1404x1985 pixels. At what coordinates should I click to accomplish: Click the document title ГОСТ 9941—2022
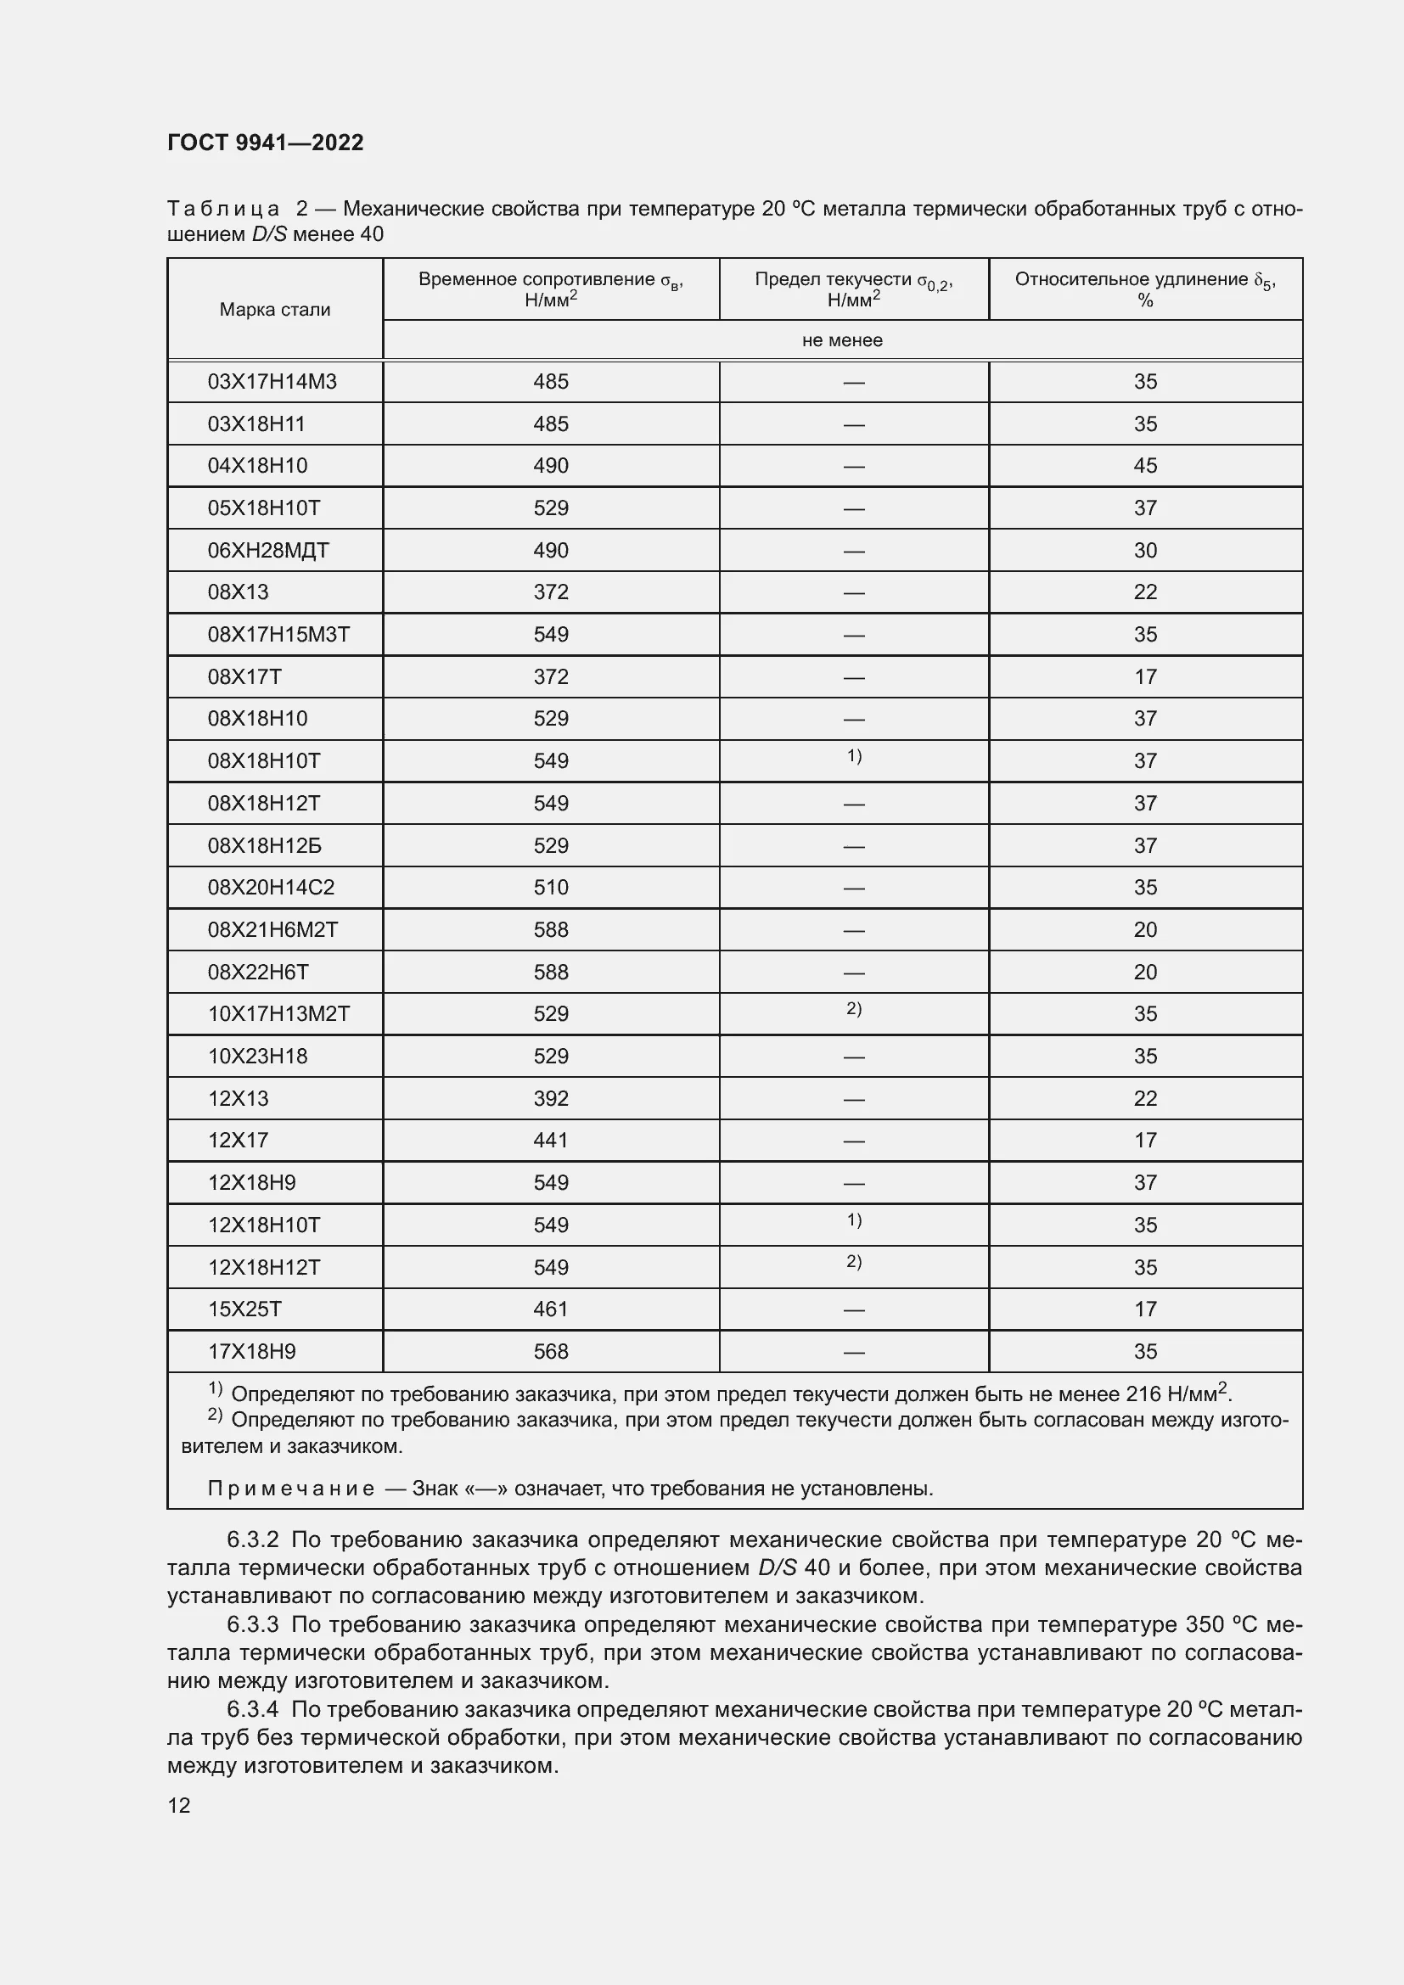coord(266,143)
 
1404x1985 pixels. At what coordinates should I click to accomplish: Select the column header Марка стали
coord(275,310)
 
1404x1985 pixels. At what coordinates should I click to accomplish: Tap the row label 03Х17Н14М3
coord(272,381)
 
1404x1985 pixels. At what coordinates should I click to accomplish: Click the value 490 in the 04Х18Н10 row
coord(551,466)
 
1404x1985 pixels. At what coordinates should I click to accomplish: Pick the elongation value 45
coord(1144,466)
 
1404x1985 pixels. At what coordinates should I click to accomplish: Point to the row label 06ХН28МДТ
coord(268,551)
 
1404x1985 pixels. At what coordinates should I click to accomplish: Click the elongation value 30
coord(1144,551)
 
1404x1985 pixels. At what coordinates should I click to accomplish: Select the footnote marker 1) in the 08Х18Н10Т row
coord(854,756)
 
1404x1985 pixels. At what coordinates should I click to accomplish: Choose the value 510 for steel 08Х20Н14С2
coord(551,888)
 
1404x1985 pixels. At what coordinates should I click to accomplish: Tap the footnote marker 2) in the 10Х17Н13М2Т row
coord(854,1009)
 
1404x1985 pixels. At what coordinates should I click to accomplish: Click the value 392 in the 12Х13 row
coord(551,1099)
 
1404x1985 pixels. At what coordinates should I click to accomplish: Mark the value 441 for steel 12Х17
coord(551,1141)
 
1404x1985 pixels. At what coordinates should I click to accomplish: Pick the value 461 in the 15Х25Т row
coord(551,1309)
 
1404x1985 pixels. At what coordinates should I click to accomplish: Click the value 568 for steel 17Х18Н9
coord(551,1351)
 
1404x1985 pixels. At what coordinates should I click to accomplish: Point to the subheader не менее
coord(842,340)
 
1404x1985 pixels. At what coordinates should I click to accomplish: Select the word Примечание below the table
coord(290,1489)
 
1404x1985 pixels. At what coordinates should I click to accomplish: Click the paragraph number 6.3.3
coord(252,1624)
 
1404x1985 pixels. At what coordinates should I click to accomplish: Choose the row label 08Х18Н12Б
coord(265,846)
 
